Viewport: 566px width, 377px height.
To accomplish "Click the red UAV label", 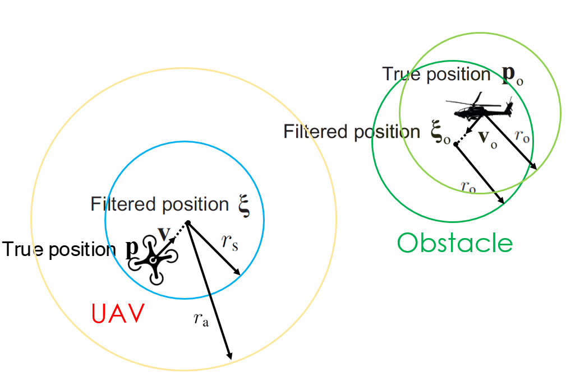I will (x=118, y=314).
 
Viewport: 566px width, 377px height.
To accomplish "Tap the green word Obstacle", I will (x=454, y=243).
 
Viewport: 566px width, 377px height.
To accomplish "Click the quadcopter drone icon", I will (x=153, y=259).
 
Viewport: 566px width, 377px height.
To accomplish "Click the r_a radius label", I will (x=201, y=320).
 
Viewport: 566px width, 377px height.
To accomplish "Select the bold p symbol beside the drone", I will (x=131, y=249).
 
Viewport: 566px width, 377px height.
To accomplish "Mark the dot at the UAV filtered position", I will (x=188, y=224).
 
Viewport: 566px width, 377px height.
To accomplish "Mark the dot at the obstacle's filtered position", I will (x=455, y=145).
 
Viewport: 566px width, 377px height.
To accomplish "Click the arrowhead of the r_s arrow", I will (x=238, y=273).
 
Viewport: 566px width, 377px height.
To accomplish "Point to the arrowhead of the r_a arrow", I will (x=229, y=357).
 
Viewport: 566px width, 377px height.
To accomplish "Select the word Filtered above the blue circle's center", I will (x=123, y=204).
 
